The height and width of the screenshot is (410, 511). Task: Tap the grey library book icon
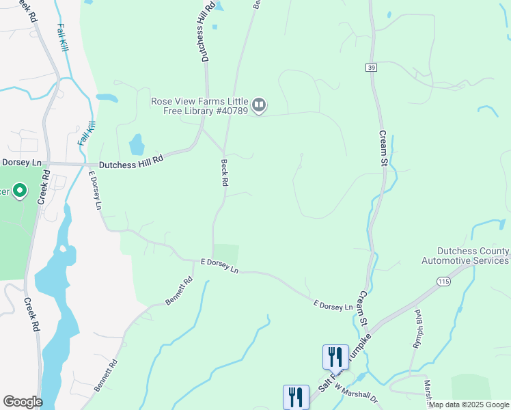coord(259,105)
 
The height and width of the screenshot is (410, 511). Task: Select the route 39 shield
coord(371,68)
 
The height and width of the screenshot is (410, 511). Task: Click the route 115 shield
coord(445,281)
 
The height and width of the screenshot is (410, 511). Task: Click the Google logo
coord(23,402)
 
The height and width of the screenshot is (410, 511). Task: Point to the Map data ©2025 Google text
coord(469,405)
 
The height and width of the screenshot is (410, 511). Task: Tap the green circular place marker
coord(20,191)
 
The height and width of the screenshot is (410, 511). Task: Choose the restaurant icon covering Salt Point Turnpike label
coord(335,357)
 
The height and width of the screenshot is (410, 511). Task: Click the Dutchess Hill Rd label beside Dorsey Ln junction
coord(131,161)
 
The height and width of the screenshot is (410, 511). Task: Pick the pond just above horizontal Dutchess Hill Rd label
coord(137,144)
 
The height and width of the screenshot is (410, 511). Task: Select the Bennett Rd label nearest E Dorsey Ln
coord(179,290)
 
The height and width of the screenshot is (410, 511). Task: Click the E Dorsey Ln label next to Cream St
coord(333,305)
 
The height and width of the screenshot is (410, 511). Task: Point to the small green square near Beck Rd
coord(226,253)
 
